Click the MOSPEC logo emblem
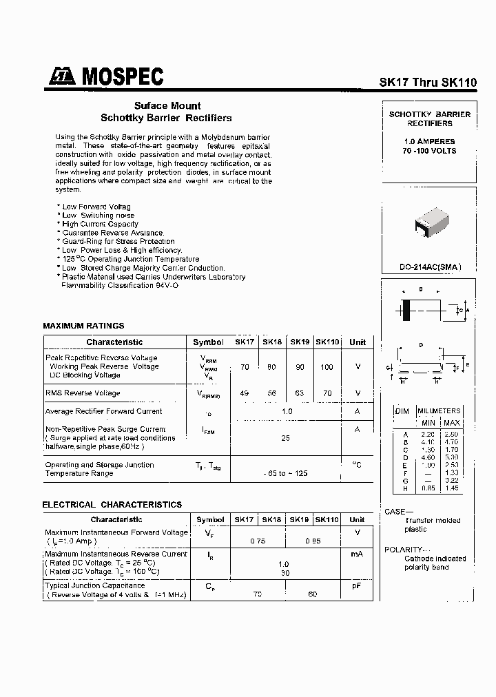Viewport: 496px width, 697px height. click(x=63, y=78)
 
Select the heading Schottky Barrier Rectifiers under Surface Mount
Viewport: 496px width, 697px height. click(x=166, y=118)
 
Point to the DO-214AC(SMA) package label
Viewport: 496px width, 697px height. click(x=429, y=267)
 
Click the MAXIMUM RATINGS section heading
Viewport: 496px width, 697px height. click(x=83, y=326)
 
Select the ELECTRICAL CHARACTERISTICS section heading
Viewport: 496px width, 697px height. click(x=112, y=505)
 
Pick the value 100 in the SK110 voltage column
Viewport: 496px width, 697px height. click(x=327, y=367)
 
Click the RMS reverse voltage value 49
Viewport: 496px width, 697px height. click(x=245, y=393)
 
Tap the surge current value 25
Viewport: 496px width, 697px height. click(x=285, y=437)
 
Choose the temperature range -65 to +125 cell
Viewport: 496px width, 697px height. click(x=285, y=474)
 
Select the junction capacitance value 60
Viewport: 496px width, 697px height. click(x=313, y=594)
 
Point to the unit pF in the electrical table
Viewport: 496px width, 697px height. click(x=357, y=585)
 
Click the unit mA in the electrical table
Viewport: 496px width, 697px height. click(x=357, y=554)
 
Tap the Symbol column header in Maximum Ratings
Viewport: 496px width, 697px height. click(x=208, y=342)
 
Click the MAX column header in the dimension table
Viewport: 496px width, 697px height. click(x=452, y=422)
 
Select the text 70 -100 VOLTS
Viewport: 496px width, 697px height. click(x=429, y=151)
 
